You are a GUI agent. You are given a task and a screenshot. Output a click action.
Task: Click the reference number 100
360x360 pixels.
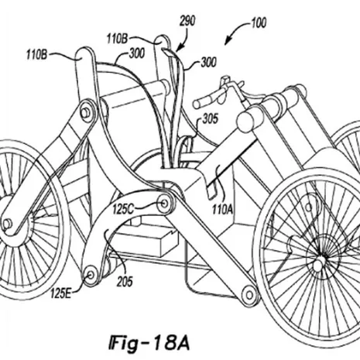click(259, 23)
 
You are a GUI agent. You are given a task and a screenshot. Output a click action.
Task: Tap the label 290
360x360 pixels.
click(187, 21)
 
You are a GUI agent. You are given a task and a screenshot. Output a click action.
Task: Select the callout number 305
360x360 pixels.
click(210, 119)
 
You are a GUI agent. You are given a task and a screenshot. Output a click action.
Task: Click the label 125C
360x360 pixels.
click(123, 209)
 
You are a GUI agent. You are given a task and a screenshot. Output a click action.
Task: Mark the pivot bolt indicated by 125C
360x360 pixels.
click(165, 204)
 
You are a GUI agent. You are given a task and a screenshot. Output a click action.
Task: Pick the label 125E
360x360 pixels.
click(60, 293)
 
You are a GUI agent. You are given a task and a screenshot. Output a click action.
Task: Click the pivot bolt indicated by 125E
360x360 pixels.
click(91, 275)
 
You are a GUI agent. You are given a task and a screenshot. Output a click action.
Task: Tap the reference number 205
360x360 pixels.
click(125, 282)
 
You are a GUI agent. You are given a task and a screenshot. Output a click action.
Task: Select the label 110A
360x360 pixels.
click(223, 209)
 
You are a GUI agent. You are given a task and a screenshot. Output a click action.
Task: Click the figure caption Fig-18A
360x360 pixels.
click(149, 343)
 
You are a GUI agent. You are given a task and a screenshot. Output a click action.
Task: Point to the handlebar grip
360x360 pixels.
click(204, 101)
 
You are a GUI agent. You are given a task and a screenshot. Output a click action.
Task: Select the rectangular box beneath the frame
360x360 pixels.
click(145, 242)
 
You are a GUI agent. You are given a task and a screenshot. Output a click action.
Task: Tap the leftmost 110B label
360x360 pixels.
click(36, 55)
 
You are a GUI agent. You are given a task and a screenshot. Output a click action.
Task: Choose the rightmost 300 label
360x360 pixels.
click(208, 62)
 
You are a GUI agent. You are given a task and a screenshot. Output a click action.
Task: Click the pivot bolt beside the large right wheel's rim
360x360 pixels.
click(249, 295)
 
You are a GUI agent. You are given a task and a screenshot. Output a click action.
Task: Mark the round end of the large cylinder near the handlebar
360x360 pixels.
click(245, 121)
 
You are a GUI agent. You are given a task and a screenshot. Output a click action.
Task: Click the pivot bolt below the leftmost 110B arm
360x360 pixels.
click(85, 112)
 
